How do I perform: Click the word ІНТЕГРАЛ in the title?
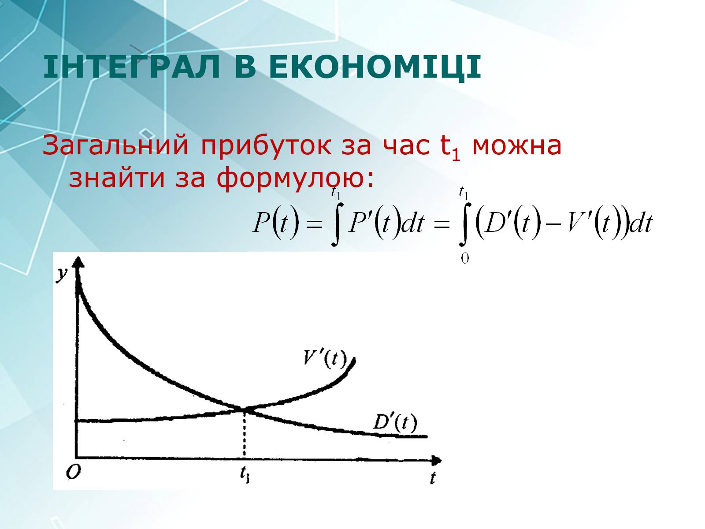131,67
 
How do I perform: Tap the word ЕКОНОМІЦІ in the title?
375,68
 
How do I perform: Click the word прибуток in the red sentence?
266,146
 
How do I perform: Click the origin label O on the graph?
74,472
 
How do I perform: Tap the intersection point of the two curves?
245,409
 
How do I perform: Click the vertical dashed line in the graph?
245,433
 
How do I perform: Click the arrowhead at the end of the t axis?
436,460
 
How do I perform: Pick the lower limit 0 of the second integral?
465,258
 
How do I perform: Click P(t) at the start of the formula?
276,222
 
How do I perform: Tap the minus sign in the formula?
553,224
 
